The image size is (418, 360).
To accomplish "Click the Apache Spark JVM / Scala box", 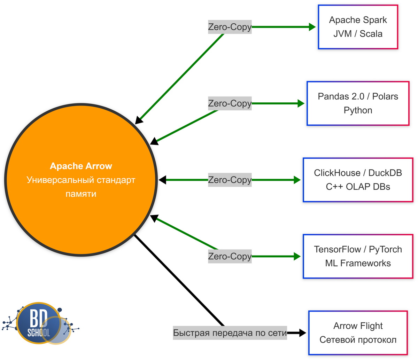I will coord(358,27).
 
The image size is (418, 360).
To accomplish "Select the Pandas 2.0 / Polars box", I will coord(358,103).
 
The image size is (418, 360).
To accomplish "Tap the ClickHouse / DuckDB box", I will coord(358,180).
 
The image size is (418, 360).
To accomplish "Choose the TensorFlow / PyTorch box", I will coord(358,256).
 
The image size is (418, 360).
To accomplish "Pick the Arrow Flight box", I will coord(358,333).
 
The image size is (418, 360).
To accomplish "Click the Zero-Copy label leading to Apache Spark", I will coord(230,27).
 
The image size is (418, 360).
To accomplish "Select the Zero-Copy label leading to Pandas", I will coord(230,103).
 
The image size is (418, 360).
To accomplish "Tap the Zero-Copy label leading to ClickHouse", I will coord(230,180).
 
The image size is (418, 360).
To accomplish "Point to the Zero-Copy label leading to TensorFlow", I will coord(230,256).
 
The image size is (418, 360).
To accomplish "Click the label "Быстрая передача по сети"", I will coord(230,333).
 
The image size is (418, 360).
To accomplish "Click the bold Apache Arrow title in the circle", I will coord(81,166).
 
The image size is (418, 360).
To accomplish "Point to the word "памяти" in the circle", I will coord(81,194).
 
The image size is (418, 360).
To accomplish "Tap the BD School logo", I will coord(39,323).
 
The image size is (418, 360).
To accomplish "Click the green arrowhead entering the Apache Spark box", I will coord(312,27).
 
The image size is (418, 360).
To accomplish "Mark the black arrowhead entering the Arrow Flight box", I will coord(302,333).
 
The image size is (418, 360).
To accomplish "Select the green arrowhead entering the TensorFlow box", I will coord(297,256).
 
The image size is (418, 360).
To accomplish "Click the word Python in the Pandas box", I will coord(358,110).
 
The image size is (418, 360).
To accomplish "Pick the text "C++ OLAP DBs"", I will coord(358,187).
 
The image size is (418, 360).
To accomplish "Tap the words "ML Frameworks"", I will coord(358,263).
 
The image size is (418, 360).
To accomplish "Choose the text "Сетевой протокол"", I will coord(358,340).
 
